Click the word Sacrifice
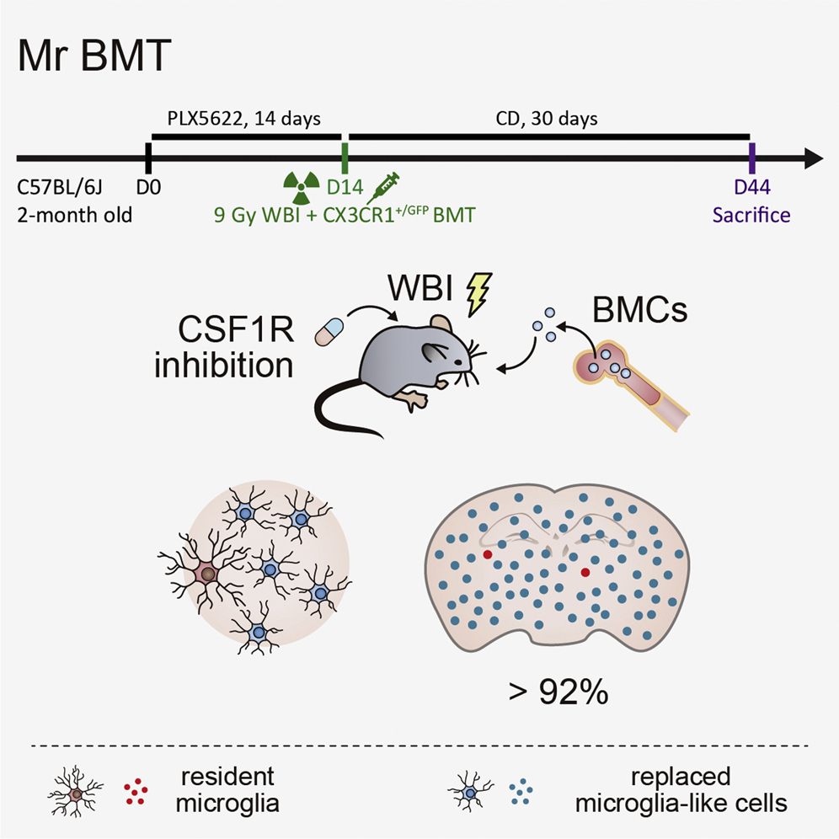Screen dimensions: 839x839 [751, 215]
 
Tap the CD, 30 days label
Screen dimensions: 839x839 [548, 118]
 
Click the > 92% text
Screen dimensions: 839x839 [558, 695]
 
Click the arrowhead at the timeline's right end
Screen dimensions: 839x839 [813, 158]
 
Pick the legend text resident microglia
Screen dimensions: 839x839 [227, 790]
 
